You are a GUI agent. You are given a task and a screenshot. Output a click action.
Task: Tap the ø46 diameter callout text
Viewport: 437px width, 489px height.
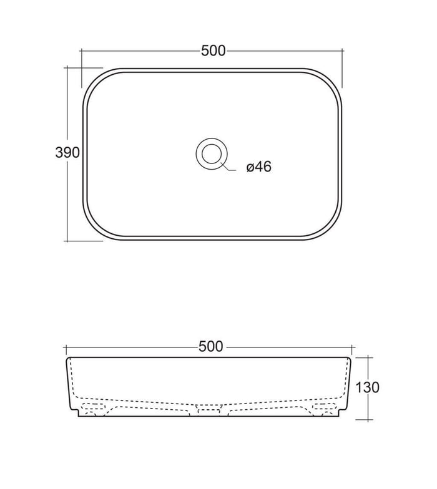(x=258, y=168)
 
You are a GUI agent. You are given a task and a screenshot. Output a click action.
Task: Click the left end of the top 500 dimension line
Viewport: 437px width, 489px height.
(x=82, y=51)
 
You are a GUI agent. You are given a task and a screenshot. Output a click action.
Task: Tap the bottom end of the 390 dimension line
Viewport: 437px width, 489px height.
(x=67, y=240)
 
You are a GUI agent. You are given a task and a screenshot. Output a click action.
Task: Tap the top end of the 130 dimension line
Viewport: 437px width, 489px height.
(x=369, y=357)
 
